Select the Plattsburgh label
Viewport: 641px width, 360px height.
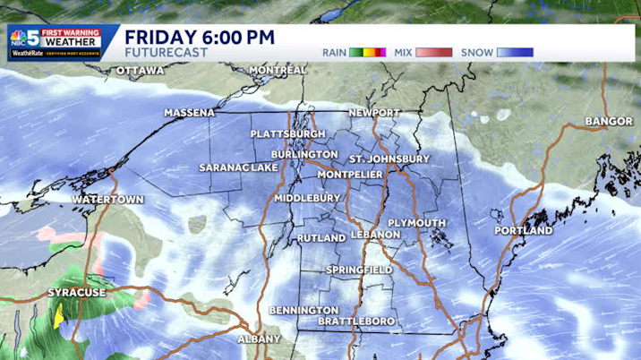tap(288, 133)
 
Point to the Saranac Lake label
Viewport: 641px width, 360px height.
tap(239, 168)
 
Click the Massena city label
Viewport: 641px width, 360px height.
tap(190, 114)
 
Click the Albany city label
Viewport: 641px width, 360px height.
tap(260, 339)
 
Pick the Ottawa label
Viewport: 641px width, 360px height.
tap(141, 70)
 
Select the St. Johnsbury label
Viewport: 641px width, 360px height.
tap(390, 159)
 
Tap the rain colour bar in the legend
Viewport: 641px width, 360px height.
tap(368, 53)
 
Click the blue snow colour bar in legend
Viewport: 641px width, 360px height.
tap(515, 53)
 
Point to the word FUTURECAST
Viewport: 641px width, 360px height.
tap(167, 53)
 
